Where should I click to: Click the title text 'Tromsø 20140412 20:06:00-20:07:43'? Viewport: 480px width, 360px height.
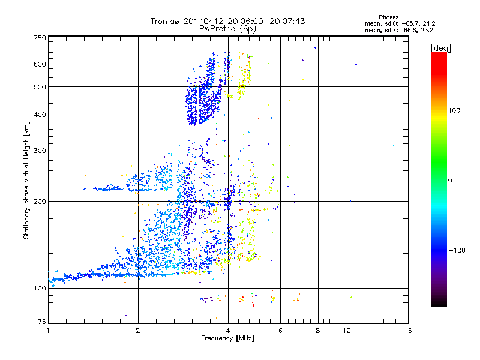227,21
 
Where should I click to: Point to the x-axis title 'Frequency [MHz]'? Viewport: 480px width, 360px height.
227,338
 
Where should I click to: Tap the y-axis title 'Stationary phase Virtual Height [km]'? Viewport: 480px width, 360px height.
26,180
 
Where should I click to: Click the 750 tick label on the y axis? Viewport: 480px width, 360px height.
40,38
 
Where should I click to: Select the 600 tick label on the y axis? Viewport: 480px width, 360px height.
40,64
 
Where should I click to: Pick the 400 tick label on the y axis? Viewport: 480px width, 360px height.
40,115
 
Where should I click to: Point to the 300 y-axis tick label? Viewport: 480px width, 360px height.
40,151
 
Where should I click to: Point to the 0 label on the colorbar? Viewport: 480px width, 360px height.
450,180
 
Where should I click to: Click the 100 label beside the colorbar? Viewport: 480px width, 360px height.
454,110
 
